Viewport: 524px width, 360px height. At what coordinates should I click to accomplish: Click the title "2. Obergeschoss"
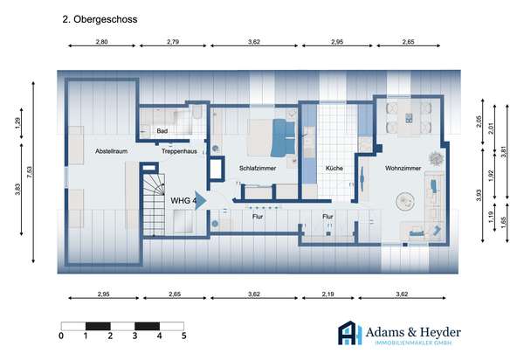100,19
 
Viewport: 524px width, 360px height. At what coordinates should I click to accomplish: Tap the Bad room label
162,131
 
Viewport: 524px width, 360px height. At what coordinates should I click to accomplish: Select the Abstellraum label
111,151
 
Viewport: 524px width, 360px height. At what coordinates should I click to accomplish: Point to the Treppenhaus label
179,151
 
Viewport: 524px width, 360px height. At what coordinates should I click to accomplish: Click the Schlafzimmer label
258,168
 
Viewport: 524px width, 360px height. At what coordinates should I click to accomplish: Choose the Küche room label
334,168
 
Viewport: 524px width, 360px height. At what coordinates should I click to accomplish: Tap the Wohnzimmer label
403,168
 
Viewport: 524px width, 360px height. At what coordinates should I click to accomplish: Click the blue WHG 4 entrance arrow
201,201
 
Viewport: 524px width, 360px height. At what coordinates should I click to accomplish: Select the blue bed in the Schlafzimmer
283,138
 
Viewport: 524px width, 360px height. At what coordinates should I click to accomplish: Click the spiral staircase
154,204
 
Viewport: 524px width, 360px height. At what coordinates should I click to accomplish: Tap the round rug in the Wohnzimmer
405,201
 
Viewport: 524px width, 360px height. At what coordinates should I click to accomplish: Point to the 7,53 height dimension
31,172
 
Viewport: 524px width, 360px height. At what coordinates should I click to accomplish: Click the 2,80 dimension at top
102,42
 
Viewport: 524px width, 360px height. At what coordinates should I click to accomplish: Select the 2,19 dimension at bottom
327,294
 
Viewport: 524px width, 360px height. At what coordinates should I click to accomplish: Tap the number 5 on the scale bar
183,336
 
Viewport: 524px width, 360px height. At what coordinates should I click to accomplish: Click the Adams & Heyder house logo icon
350,333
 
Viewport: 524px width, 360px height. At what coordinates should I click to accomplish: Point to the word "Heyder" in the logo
440,332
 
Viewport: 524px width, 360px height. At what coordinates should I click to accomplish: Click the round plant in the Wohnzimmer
436,158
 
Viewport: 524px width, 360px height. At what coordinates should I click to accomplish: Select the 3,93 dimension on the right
479,195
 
